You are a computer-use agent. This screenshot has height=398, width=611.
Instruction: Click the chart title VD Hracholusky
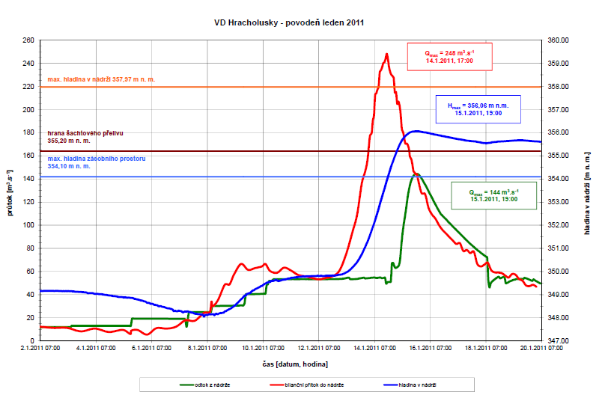289,23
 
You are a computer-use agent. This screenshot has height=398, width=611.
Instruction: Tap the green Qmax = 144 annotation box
494,195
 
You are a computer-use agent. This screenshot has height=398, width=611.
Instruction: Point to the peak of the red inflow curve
386,54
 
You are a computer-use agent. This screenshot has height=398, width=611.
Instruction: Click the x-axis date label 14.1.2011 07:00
374,348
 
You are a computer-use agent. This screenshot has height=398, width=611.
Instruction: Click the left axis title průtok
11,192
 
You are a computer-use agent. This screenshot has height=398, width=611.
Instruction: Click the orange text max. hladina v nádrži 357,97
101,79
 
